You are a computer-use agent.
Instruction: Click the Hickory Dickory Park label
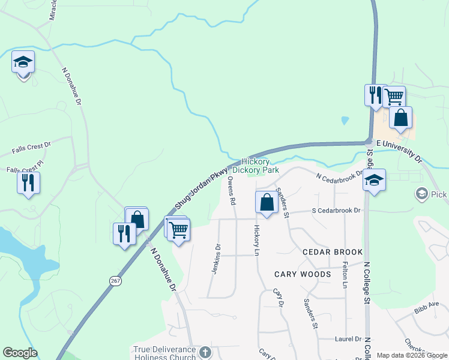pos(261,166)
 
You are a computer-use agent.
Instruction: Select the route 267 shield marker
pos(115,280)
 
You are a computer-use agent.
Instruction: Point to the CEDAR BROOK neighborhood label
pos(333,252)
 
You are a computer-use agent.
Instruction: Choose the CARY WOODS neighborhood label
pos(303,274)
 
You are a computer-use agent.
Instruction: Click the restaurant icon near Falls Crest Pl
pos(28,182)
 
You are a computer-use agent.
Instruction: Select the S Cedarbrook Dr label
pos(336,211)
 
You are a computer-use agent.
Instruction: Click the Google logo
pos(20,353)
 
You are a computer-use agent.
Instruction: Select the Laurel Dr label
pos(348,338)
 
